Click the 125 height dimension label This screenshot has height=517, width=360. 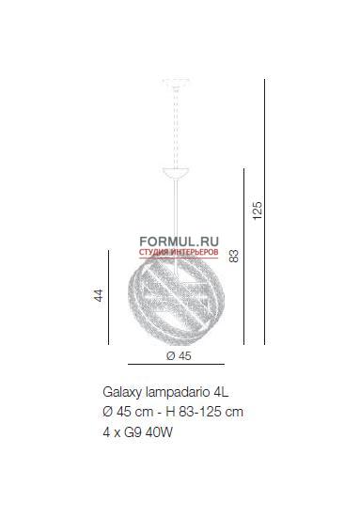258,211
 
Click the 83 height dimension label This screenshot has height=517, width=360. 234,256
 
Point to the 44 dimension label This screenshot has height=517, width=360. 99,295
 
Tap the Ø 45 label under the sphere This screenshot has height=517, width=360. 179,356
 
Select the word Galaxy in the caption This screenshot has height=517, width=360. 122,393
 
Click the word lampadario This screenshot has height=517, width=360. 178,393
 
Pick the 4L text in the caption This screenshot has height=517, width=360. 221,392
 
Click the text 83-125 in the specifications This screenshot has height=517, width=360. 197,412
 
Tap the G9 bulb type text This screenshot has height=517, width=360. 133,432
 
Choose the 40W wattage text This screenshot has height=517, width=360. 159,432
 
